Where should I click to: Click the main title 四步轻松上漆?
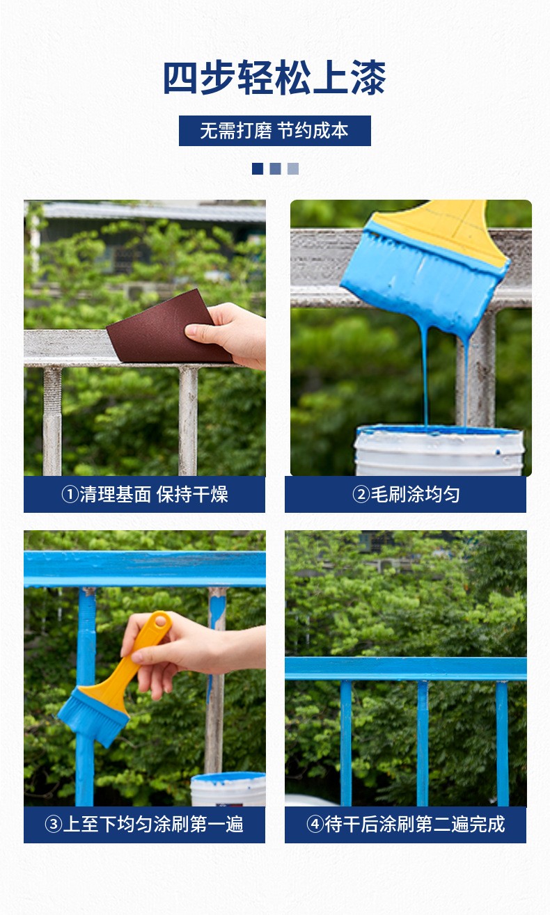click(274, 78)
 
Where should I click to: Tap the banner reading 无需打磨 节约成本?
click(274, 131)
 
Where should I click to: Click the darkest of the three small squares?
click(258, 168)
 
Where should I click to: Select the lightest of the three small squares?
click(293, 168)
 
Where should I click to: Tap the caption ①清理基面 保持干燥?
click(145, 494)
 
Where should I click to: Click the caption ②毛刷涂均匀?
click(406, 494)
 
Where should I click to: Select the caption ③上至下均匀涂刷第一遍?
click(144, 825)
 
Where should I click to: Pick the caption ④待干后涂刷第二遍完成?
click(406, 825)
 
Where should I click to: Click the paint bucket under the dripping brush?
click(439, 451)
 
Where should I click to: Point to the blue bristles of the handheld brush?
click(93, 717)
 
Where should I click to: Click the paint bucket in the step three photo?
click(228, 789)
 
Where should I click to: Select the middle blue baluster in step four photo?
click(423, 743)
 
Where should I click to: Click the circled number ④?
click(315, 825)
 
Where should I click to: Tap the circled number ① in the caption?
click(70, 495)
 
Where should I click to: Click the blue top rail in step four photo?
click(406, 669)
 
